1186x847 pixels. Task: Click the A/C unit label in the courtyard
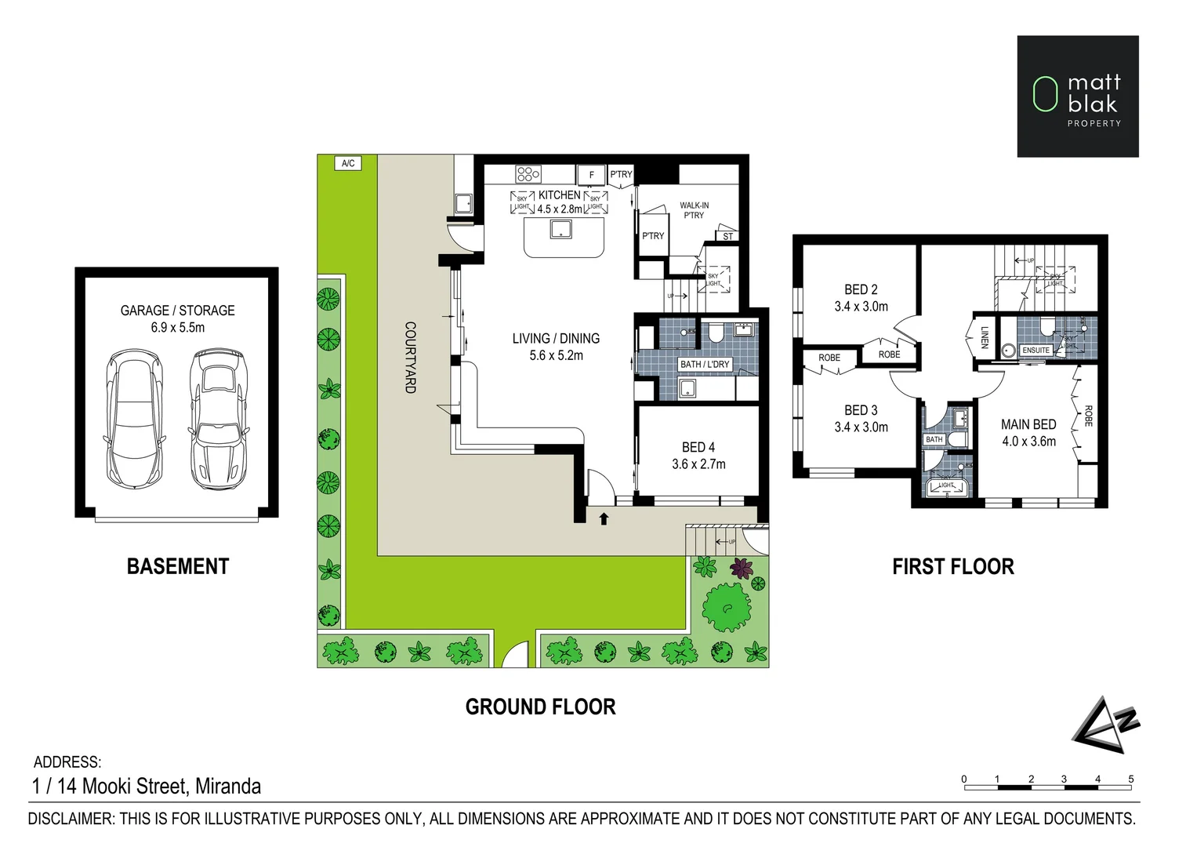[x=348, y=163]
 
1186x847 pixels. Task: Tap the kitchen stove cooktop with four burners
[x=528, y=174]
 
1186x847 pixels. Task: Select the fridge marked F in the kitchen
[x=592, y=175]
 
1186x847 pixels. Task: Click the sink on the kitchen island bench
[x=560, y=229]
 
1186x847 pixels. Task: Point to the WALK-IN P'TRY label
[x=694, y=210]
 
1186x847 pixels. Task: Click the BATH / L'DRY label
[x=704, y=365]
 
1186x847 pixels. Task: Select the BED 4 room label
[x=698, y=447]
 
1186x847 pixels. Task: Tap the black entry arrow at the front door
[x=604, y=518]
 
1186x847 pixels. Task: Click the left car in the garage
[x=134, y=418]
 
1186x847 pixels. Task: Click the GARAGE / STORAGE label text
[x=177, y=311]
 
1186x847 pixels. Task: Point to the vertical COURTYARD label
[x=409, y=357]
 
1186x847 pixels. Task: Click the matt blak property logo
[x=1077, y=96]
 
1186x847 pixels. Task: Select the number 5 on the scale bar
[x=1130, y=779]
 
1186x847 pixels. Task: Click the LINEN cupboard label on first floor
[x=985, y=337]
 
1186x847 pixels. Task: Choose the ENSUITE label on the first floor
[x=1035, y=351]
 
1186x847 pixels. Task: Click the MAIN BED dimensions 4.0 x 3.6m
[x=1028, y=442]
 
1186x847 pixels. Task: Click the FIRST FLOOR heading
[x=952, y=566]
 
